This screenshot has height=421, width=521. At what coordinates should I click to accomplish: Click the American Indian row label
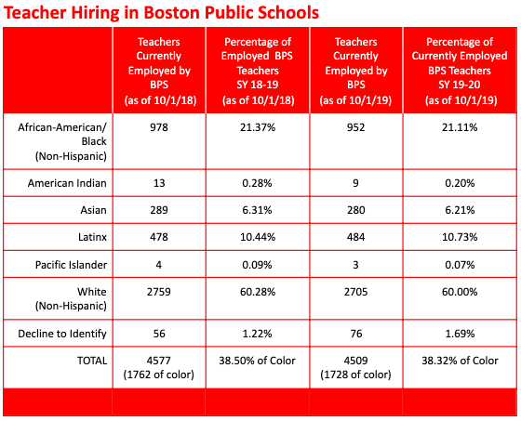pyautogui.click(x=67, y=183)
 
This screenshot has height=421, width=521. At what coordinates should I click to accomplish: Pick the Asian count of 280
pyautogui.click(x=355, y=210)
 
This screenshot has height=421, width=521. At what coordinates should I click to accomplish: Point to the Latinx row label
pyautogui.click(x=92, y=237)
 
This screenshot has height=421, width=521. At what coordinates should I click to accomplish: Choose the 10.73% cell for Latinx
pyautogui.click(x=460, y=237)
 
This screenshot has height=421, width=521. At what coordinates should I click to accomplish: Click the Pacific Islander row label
pyautogui.click(x=71, y=265)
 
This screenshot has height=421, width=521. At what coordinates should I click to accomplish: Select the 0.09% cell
pyautogui.click(x=257, y=265)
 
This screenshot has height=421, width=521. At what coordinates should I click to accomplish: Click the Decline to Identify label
pyautogui.click(x=62, y=334)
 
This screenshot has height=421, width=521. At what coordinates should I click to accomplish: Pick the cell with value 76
pyautogui.click(x=355, y=334)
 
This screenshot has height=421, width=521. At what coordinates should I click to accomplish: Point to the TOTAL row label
pyautogui.click(x=92, y=361)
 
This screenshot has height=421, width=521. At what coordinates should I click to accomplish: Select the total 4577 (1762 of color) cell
pyautogui.click(x=159, y=367)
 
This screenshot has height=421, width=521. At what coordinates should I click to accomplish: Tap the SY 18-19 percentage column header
pyautogui.click(x=258, y=71)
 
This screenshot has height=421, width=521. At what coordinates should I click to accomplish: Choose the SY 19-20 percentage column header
pyautogui.click(x=460, y=71)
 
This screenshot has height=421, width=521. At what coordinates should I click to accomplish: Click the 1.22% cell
pyautogui.click(x=257, y=334)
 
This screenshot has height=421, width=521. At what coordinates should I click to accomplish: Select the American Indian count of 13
pyautogui.click(x=159, y=183)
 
